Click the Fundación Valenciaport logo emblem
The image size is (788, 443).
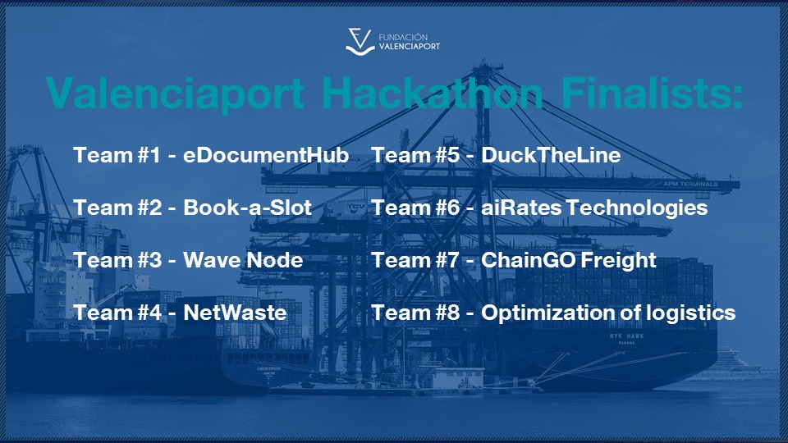360,42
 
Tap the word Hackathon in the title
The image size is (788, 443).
432,93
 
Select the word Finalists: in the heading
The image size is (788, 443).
652,93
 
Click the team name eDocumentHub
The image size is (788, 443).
266,155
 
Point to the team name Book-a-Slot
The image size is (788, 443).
247,208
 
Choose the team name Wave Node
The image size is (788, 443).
243,260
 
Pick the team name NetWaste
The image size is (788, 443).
236,313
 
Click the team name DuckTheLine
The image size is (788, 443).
551,155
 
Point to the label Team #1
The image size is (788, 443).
117,155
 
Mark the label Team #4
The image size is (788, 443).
117,313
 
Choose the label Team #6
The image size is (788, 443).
415,208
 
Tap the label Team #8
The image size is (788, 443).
415,313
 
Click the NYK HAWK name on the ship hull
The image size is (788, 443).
626,336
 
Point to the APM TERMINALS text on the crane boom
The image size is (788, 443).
690,184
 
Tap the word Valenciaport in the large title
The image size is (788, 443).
176,94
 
